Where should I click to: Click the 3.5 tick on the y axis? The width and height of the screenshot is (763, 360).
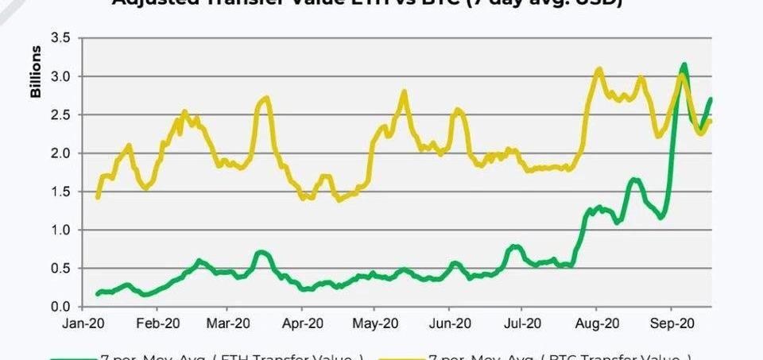point(60,37)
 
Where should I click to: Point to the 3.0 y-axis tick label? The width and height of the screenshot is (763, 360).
point(60,76)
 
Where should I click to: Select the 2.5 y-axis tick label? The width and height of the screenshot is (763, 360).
point(60,114)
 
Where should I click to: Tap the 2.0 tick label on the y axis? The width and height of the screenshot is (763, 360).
point(60,153)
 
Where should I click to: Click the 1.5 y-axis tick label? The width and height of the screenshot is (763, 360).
point(60,192)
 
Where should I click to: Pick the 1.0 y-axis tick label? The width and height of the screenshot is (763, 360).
point(60,230)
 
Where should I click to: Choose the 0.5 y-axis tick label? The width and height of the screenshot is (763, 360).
point(60,268)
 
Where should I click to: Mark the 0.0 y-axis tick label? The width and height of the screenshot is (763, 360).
point(60,307)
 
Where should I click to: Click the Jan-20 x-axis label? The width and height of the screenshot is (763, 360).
point(84,323)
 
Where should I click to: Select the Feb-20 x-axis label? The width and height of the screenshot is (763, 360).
point(157,323)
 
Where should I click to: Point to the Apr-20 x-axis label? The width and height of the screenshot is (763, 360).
point(302,323)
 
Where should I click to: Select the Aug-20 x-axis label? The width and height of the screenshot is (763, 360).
point(596,323)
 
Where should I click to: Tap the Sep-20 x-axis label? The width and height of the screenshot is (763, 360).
point(672,323)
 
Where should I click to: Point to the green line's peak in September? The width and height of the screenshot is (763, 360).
point(684,65)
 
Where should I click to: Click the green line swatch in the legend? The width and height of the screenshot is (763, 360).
point(74,358)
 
